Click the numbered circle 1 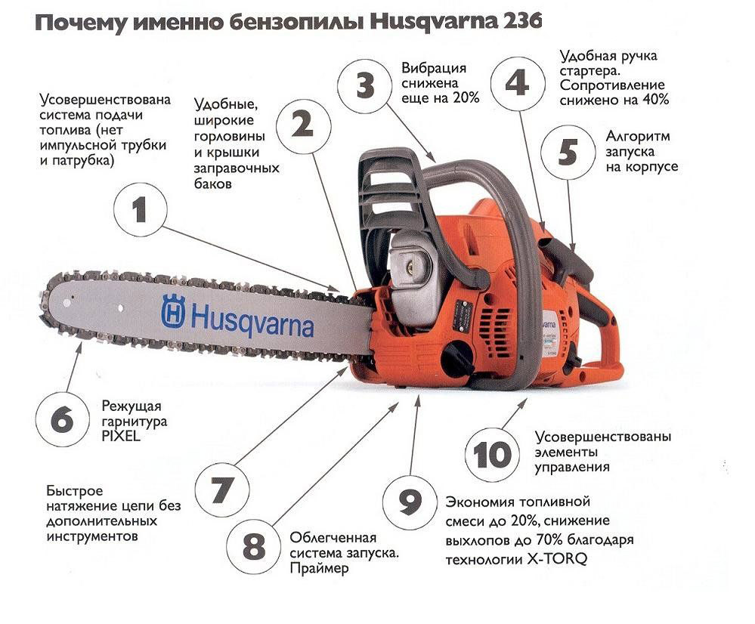tap(140, 210)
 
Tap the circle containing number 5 tap(568, 152)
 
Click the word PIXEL tap(121, 436)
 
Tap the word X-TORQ tap(557, 560)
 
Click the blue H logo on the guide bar tap(173, 311)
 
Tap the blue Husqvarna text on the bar tap(252, 320)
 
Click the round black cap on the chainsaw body tap(457, 359)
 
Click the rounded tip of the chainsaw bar tap(45, 304)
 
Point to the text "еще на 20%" tap(440, 97)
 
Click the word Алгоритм tap(637, 136)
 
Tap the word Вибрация tap(433, 68)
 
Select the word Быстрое tap(75, 491)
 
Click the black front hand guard tap(390, 193)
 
